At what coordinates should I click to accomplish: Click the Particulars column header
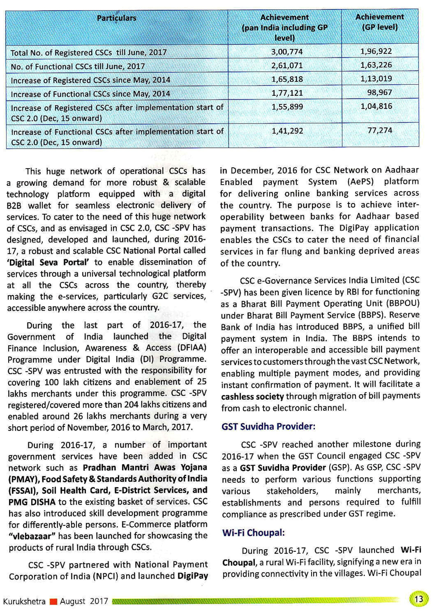[116, 18]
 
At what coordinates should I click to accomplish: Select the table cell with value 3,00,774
[287, 52]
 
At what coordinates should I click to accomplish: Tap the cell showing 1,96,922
[376, 51]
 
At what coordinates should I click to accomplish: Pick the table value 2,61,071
[287, 66]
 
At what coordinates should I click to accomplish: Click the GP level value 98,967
[379, 92]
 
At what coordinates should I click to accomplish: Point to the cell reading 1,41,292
[287, 130]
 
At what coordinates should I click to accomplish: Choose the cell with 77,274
[379, 130]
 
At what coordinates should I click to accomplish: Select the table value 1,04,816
[376, 106]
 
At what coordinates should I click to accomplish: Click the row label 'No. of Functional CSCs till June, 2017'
[77, 67]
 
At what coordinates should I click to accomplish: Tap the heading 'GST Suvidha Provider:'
[268, 426]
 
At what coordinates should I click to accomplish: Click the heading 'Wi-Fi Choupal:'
[253, 533]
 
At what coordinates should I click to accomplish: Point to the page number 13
[418, 599]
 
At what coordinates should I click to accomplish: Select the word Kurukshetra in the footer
[24, 601]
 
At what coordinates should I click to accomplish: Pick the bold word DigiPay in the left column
[193, 576]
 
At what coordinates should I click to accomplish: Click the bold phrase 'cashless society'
[252, 396]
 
